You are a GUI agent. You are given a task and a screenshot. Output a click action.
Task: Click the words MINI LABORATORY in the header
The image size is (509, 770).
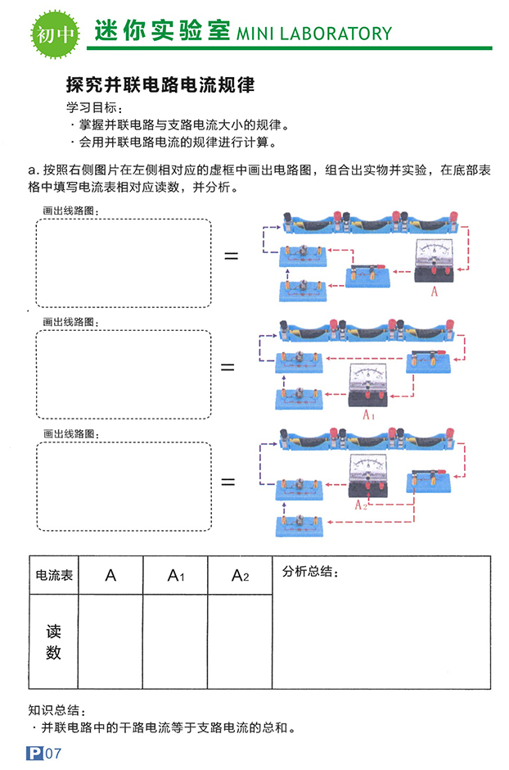314,34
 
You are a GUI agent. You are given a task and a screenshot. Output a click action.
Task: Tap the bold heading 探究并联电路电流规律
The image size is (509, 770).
160,84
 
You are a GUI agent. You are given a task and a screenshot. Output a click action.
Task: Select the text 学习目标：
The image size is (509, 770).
97,108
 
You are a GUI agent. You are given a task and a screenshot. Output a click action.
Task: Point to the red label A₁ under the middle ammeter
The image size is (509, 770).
368,414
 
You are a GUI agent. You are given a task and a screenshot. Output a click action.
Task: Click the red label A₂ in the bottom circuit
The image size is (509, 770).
361,505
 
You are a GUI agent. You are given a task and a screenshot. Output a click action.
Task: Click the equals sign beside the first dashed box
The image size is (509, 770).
231,256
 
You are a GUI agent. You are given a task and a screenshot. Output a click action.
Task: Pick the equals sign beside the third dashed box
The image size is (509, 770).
227,482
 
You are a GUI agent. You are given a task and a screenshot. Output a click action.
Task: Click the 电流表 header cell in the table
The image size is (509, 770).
52,576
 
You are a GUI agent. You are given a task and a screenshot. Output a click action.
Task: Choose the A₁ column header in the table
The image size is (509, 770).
175,576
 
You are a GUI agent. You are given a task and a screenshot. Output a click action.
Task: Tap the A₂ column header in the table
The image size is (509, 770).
240,576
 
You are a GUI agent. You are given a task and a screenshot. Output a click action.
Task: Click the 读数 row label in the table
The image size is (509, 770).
53,641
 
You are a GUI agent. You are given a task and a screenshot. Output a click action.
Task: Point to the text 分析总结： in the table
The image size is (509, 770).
310,572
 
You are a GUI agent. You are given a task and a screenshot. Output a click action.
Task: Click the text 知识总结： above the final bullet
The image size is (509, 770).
56,710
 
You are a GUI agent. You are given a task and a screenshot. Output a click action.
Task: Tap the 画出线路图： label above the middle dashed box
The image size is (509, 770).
70,322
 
